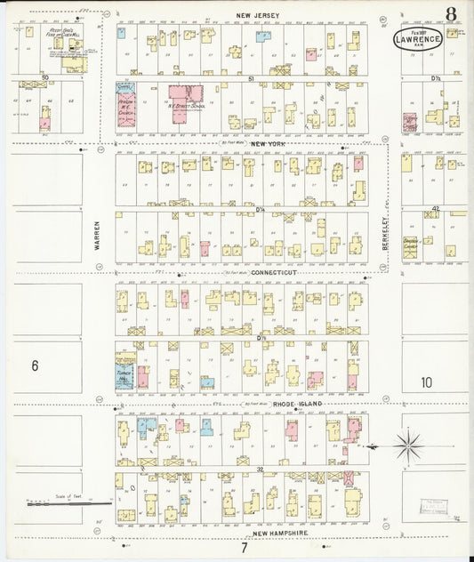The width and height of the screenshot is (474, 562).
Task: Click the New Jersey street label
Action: (x=258, y=16)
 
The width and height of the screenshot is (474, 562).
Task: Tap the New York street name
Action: (x=267, y=144)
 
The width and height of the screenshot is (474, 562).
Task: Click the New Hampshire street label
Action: (x=273, y=533)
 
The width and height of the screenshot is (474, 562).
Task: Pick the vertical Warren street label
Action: (x=98, y=235)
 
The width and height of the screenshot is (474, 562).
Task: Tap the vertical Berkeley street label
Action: (x=386, y=235)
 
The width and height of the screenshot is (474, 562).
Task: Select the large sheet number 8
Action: (x=452, y=13)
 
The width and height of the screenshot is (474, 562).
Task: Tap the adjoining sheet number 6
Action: (x=35, y=365)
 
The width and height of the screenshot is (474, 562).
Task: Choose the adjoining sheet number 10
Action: (x=427, y=382)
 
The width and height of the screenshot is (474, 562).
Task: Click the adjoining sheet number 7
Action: (x=243, y=547)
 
